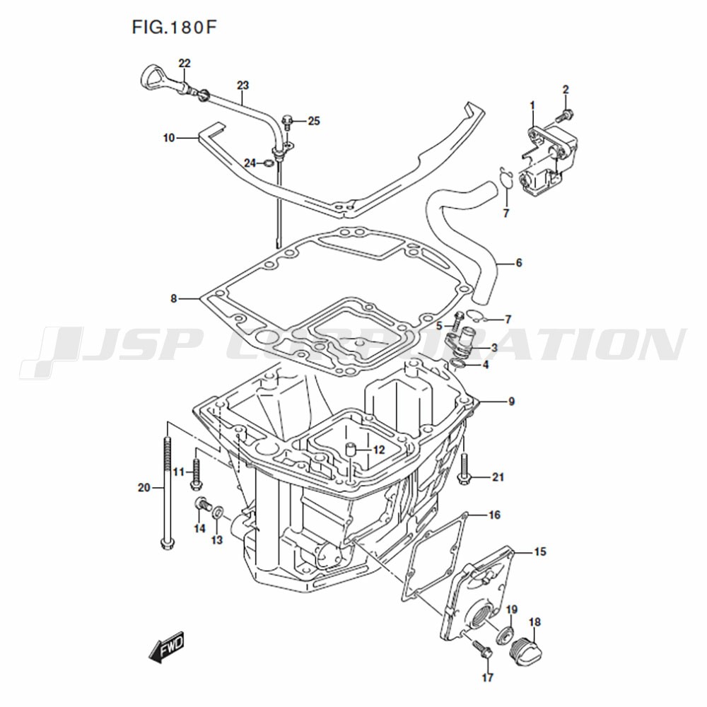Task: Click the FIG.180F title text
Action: [174, 28]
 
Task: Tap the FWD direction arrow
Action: [167, 648]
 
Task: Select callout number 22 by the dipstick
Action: [185, 64]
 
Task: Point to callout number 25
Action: [314, 121]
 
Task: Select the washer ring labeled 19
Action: [505, 635]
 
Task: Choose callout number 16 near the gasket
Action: [495, 515]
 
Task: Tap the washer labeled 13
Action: [218, 512]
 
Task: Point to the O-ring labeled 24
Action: [268, 163]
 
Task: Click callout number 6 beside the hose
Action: [518, 262]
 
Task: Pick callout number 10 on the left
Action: [169, 138]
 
